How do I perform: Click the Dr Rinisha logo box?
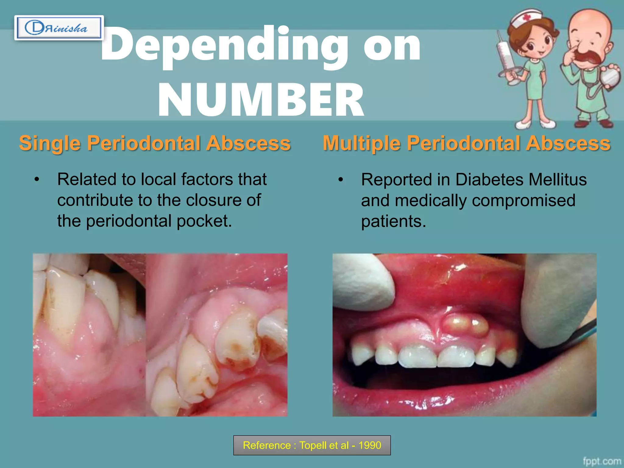pos(59,28)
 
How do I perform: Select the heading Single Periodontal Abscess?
pos(155,143)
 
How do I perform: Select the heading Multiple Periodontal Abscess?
pos(466,143)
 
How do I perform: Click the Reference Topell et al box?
pos(312,445)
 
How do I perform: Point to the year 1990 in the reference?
pos(370,445)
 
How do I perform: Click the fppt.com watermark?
pos(602,461)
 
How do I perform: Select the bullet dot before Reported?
pos(341,180)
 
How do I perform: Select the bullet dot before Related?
pos(37,179)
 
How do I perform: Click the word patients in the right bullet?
pos(393,221)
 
